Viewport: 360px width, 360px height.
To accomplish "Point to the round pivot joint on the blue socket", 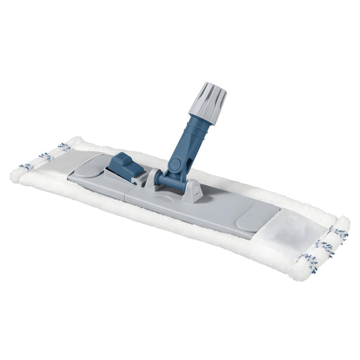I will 175,164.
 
